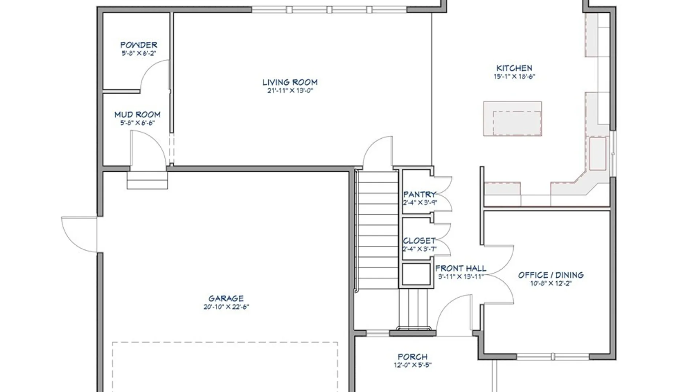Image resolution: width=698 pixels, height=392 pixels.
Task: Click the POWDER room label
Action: [139, 45]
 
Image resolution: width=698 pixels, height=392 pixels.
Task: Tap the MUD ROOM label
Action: [137, 115]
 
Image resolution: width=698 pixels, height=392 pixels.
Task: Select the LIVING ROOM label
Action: [290, 82]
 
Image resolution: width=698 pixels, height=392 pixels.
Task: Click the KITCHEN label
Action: [514, 68]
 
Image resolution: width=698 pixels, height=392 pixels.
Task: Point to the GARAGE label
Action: [226, 298]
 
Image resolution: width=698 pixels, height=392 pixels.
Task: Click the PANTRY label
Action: [420, 195]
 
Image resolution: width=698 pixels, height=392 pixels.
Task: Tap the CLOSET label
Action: [419, 241]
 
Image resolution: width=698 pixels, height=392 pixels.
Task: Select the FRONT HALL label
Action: [461, 269]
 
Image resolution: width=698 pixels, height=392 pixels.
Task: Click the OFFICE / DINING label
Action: [551, 275]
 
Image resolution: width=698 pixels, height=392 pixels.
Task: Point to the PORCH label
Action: [413, 357]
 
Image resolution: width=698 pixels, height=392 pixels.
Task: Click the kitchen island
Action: [513, 119]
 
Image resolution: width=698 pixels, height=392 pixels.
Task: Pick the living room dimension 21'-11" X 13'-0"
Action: [290, 91]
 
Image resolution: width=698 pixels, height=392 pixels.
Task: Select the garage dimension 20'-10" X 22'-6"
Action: [226, 307]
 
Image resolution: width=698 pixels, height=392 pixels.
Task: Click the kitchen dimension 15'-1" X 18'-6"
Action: [514, 77]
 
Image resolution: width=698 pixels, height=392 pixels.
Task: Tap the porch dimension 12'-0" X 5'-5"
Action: [413, 365]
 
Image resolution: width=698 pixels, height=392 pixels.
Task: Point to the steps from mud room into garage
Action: [147, 180]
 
